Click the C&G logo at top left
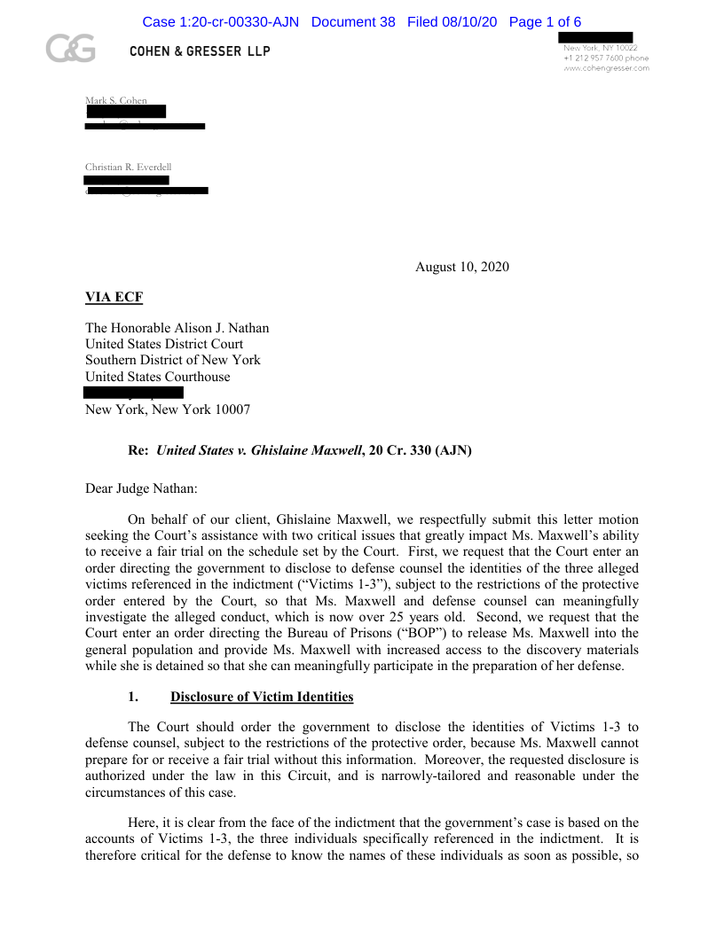[x=71, y=51]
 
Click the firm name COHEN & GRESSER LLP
[x=200, y=51]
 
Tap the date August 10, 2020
[x=461, y=267]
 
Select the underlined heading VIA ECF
[x=114, y=297]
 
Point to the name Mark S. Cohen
[x=116, y=100]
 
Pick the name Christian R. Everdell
[x=128, y=167]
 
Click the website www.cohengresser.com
[x=606, y=68]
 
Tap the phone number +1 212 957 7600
[x=594, y=58]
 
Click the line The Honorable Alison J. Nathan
[x=177, y=328]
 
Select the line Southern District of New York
[x=173, y=360]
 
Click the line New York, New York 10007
[x=168, y=409]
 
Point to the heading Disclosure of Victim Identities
[x=262, y=697]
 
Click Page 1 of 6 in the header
[x=545, y=22]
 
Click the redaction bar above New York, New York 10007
[x=133, y=392]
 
